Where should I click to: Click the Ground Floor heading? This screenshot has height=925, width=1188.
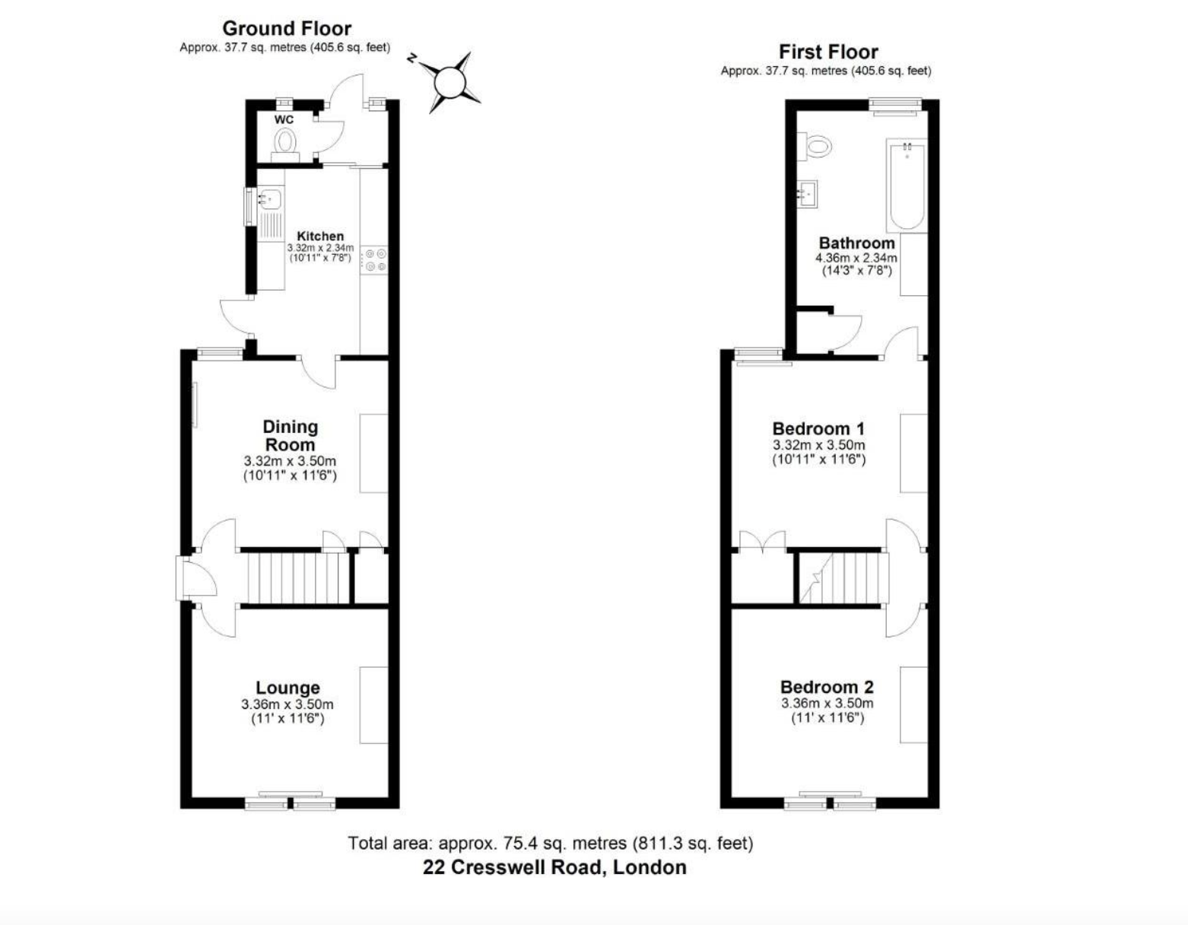click(287, 28)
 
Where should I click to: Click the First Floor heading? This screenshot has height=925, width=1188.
click(827, 52)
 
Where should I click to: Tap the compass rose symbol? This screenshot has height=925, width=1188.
click(449, 83)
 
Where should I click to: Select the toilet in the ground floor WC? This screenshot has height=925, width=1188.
click(285, 144)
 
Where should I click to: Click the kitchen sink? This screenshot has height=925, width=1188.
click(270, 198)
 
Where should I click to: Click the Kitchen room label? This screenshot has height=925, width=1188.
click(320, 236)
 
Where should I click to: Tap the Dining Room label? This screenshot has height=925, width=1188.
click(290, 435)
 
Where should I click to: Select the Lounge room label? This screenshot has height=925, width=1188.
click(287, 688)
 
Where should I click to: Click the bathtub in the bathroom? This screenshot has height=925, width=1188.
click(906, 185)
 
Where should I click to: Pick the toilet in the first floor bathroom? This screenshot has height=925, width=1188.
click(814, 147)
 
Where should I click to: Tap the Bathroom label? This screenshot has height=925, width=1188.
click(856, 243)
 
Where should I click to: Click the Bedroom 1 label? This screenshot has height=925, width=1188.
click(818, 428)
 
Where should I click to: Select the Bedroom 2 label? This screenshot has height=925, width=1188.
click(827, 687)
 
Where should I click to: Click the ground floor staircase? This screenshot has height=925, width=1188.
click(298, 578)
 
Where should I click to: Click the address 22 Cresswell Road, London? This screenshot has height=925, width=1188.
click(554, 868)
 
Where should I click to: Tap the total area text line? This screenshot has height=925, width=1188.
click(551, 843)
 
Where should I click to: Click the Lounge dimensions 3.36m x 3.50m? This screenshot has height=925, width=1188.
click(287, 704)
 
